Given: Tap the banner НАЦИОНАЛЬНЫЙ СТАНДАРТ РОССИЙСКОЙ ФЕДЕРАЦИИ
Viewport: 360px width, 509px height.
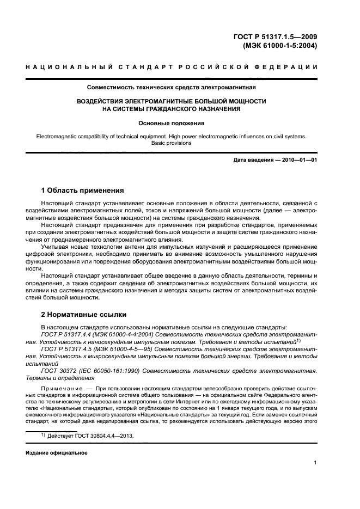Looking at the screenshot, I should (x=172, y=67).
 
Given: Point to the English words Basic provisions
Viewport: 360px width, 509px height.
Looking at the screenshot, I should (x=171, y=143).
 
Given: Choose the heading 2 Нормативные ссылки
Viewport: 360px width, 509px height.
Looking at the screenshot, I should (x=84, y=315).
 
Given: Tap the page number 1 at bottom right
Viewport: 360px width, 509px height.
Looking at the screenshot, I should (x=315, y=463).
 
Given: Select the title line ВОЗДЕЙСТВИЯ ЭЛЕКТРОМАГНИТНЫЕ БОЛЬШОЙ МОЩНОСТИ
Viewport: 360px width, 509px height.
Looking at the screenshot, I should (x=171, y=101).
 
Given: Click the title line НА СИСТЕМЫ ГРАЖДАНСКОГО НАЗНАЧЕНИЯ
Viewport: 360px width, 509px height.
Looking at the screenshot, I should (x=171, y=109).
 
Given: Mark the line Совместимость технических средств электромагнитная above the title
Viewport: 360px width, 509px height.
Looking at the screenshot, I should (x=171, y=87).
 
